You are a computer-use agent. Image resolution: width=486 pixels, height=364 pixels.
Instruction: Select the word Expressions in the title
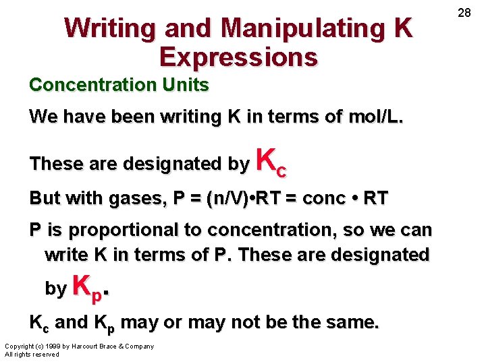[238, 58]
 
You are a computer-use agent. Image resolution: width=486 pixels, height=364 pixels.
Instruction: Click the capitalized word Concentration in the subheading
[92, 85]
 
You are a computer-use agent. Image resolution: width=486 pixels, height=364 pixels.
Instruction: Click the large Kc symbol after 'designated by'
[271, 163]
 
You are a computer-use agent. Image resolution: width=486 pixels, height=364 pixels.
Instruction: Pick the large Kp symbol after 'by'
[88, 288]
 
